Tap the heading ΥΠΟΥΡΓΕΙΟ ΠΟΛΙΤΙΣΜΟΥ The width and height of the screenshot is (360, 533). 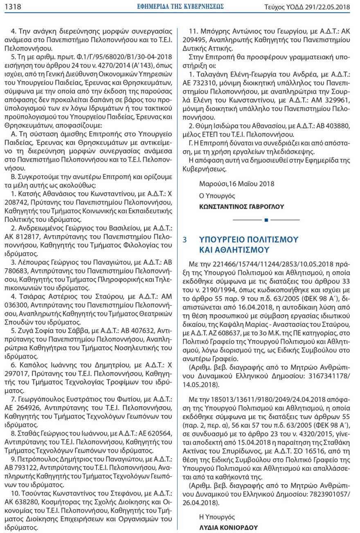tap(249, 240)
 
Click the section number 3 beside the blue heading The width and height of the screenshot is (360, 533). tap(185, 240)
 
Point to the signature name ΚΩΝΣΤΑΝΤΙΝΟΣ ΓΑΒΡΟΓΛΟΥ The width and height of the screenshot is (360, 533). tap(241, 206)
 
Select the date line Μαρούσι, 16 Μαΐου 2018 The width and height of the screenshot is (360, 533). tap(237, 184)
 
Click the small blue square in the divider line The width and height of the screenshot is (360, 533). tap(266, 220)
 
